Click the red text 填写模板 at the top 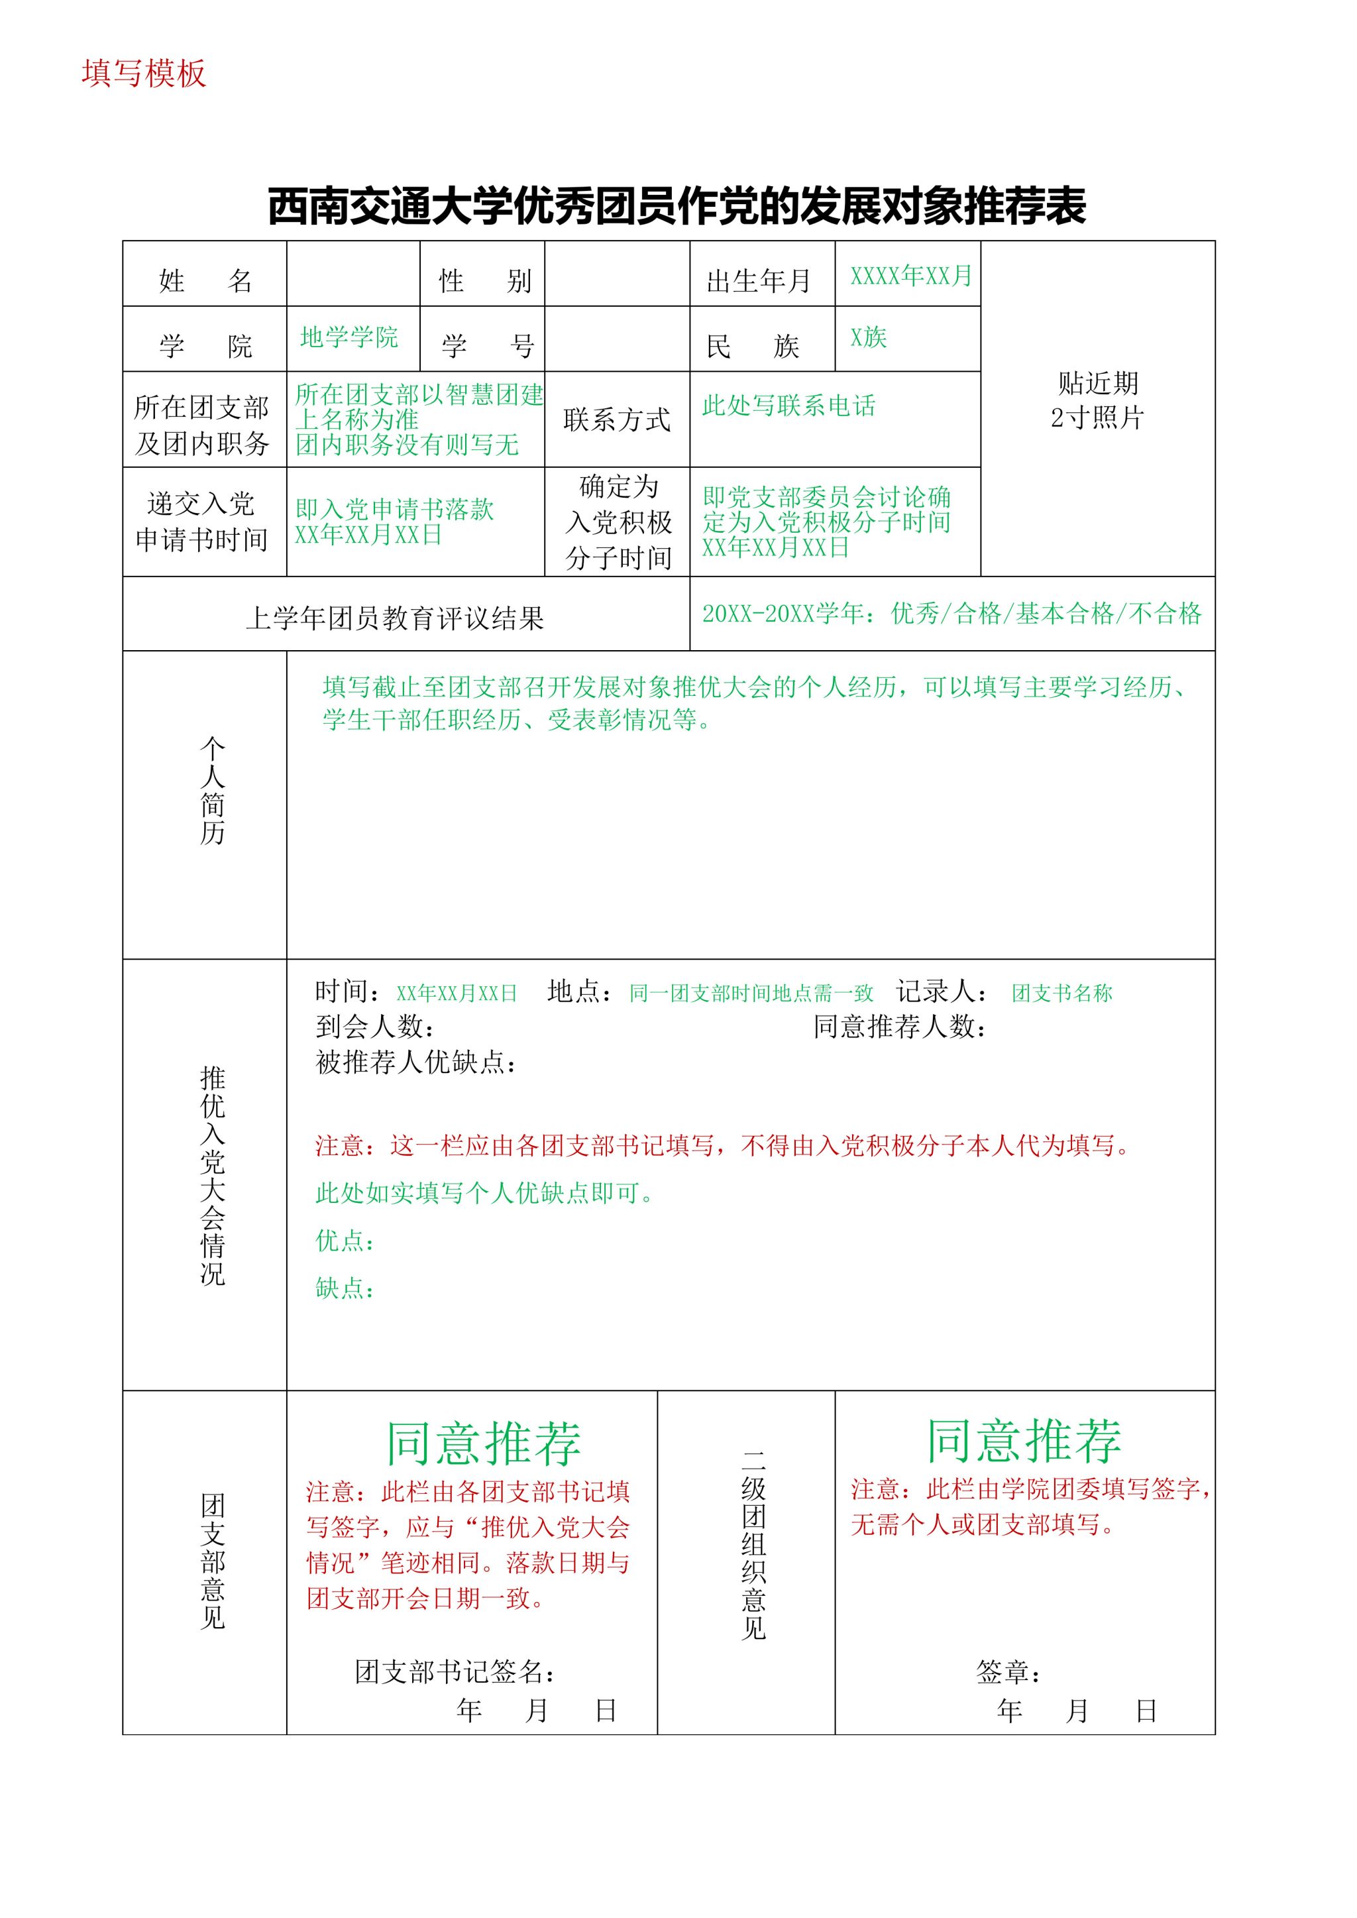[x=144, y=74]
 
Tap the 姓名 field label [x=205, y=280]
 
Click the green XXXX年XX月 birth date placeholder [x=911, y=275]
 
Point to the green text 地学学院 [x=349, y=337]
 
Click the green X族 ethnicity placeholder [x=869, y=337]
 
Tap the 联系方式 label [x=617, y=420]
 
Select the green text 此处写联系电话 [x=788, y=406]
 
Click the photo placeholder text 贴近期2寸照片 [x=1097, y=400]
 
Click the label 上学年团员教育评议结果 [x=394, y=618]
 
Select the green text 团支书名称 [x=1062, y=993]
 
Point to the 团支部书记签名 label [x=455, y=1671]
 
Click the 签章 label [x=1008, y=1671]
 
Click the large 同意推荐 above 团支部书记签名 [x=483, y=1443]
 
